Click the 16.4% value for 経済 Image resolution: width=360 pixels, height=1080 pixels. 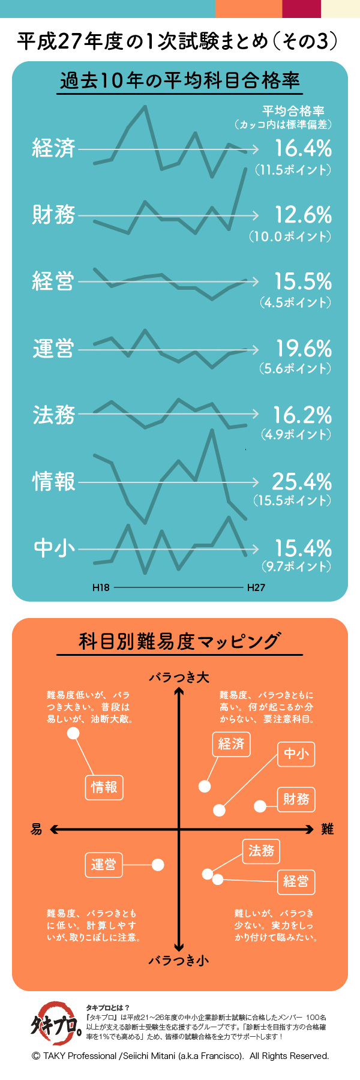(x=302, y=148)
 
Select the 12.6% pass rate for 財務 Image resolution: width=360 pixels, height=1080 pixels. (x=302, y=215)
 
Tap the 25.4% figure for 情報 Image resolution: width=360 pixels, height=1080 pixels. (x=302, y=481)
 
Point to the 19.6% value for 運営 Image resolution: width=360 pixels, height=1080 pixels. (x=303, y=348)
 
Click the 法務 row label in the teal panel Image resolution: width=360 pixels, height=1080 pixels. (x=53, y=415)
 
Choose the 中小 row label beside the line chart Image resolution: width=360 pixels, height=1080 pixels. (x=54, y=548)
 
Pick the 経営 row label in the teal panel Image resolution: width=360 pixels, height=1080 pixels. (x=53, y=281)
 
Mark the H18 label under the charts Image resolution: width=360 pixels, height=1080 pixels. (x=101, y=587)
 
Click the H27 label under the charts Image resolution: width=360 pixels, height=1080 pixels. (x=256, y=587)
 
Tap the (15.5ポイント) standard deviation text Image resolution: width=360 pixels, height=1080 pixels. (x=292, y=500)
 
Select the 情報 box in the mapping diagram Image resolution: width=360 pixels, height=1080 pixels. (x=104, y=787)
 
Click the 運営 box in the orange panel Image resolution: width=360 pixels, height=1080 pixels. (x=104, y=865)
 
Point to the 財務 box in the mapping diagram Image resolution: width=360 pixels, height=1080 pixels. (x=296, y=799)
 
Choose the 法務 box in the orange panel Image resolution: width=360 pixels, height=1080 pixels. (x=261, y=851)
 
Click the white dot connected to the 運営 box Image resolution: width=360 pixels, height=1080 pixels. (x=158, y=865)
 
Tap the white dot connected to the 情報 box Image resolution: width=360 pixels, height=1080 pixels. (x=73, y=733)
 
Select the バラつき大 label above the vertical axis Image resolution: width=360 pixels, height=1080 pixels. (x=179, y=677)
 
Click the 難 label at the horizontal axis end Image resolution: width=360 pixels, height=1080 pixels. (x=327, y=829)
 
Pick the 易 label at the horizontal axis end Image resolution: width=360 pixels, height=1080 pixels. (x=37, y=829)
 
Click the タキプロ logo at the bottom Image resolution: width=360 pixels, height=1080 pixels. (x=56, y=1024)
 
